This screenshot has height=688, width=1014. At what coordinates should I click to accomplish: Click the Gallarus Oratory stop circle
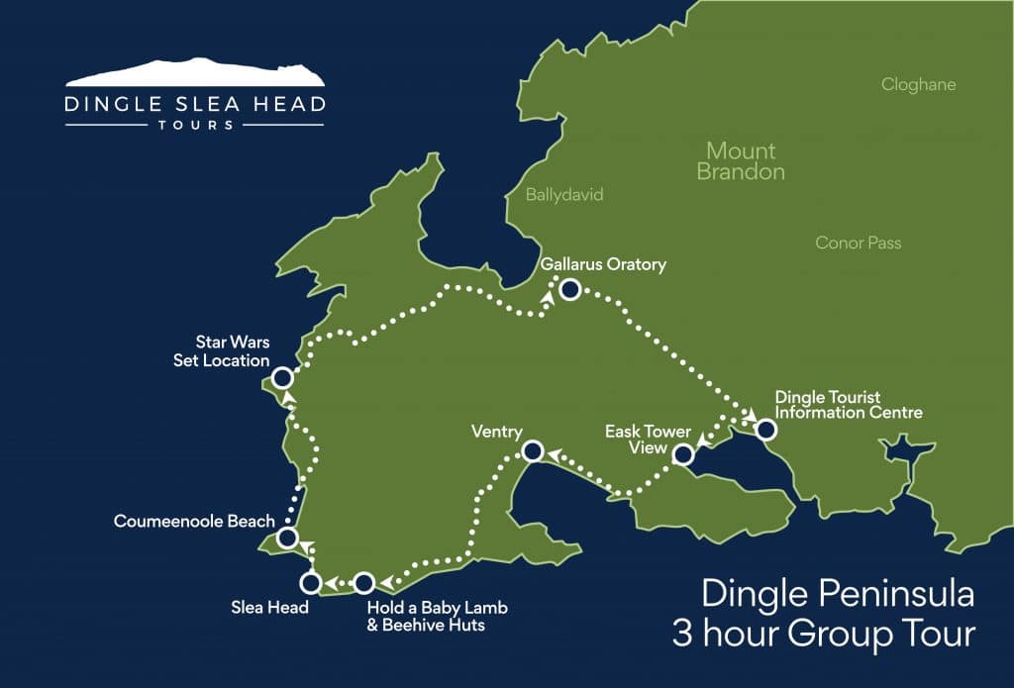(x=569, y=289)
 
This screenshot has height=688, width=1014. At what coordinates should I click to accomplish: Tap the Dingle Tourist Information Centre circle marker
(x=765, y=430)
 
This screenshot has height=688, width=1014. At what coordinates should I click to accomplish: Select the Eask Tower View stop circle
(x=682, y=455)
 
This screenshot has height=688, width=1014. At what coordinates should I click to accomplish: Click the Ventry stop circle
(x=532, y=452)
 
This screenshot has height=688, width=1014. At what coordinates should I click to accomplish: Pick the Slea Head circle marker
(x=311, y=582)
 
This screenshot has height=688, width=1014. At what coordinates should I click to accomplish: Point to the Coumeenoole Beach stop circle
(x=287, y=539)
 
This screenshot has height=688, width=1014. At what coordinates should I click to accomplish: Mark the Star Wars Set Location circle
(x=282, y=378)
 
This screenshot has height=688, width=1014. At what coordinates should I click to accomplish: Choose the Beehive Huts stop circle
(x=363, y=582)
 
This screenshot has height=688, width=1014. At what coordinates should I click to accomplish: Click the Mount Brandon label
(x=741, y=161)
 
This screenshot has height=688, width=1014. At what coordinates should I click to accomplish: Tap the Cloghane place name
(x=918, y=85)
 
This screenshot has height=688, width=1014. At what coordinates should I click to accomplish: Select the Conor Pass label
(x=859, y=243)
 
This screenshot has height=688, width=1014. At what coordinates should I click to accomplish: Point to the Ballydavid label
(x=564, y=195)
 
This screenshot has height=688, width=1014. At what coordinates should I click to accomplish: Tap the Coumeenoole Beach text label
(x=194, y=521)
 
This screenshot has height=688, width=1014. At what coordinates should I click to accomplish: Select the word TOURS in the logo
(x=195, y=126)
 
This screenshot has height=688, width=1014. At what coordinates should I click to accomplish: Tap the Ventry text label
(x=497, y=432)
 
